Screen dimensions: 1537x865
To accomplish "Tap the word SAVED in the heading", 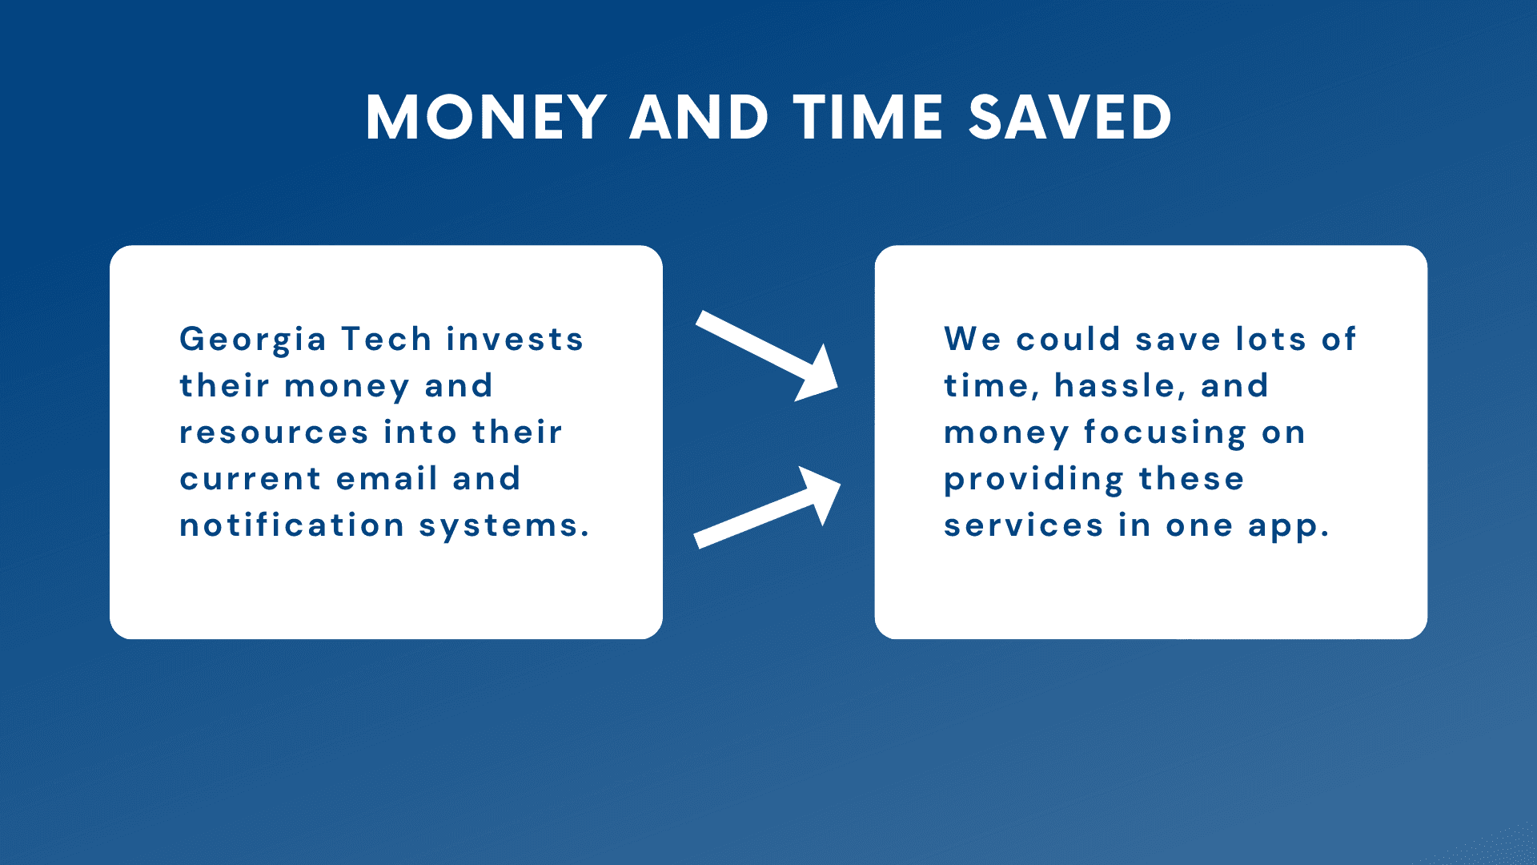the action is point(1070,118).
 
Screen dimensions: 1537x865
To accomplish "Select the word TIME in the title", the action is point(869,118).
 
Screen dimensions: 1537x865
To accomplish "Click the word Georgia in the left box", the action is point(253,340).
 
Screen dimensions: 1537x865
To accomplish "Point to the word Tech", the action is point(387,339).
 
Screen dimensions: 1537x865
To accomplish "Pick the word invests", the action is point(516,339).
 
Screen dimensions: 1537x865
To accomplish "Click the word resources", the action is point(274,433).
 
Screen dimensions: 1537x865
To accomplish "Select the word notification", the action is point(292,525).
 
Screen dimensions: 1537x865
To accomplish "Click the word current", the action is point(251,480).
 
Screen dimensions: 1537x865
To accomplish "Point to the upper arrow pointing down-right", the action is point(767,356).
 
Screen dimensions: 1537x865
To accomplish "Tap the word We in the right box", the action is point(973,339).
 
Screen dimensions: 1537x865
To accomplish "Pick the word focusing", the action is point(1165,433).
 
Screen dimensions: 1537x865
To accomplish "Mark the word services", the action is point(1024,526).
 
